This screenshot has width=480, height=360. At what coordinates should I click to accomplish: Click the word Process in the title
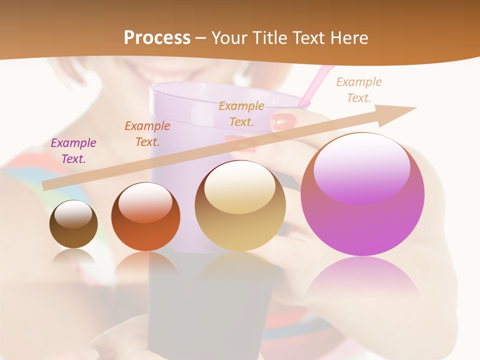click(x=157, y=38)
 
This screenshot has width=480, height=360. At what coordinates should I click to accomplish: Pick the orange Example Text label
click(x=147, y=134)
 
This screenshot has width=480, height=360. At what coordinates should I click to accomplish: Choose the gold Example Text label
click(x=241, y=113)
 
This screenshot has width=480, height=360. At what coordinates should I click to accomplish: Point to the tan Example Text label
click(x=359, y=90)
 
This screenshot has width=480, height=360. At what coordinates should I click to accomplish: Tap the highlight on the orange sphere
click(x=145, y=202)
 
